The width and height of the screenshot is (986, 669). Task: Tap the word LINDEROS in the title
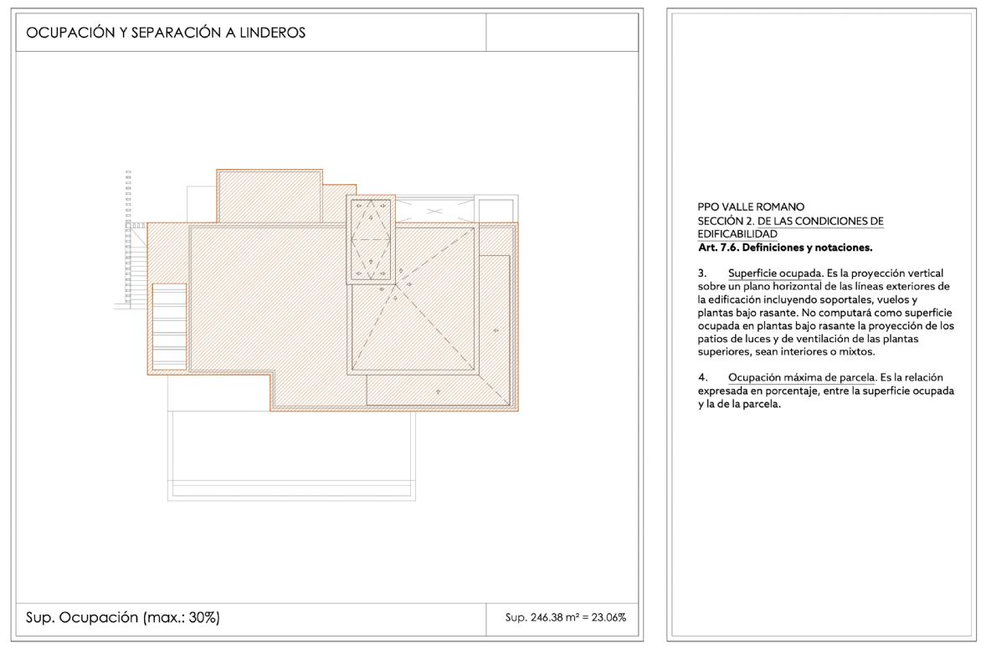point(272,33)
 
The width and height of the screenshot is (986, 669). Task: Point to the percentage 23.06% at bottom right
point(609,617)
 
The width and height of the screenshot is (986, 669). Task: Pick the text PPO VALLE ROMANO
point(751,207)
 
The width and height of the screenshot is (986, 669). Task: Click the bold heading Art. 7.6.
point(718,248)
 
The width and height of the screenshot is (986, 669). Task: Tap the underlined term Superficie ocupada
point(775,273)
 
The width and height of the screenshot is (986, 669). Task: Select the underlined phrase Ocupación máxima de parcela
point(802,377)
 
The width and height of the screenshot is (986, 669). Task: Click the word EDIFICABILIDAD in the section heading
point(737,233)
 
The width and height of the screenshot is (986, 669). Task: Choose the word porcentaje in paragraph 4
point(792,391)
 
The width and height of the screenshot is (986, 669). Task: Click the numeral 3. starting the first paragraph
point(701,273)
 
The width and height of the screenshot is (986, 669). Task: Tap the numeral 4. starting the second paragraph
point(702,377)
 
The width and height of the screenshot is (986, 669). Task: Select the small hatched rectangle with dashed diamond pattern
point(371,239)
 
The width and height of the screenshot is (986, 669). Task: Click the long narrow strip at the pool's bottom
point(291,491)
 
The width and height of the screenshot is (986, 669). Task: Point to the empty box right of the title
point(562,32)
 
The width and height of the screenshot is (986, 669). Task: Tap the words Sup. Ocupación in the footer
point(82,617)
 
